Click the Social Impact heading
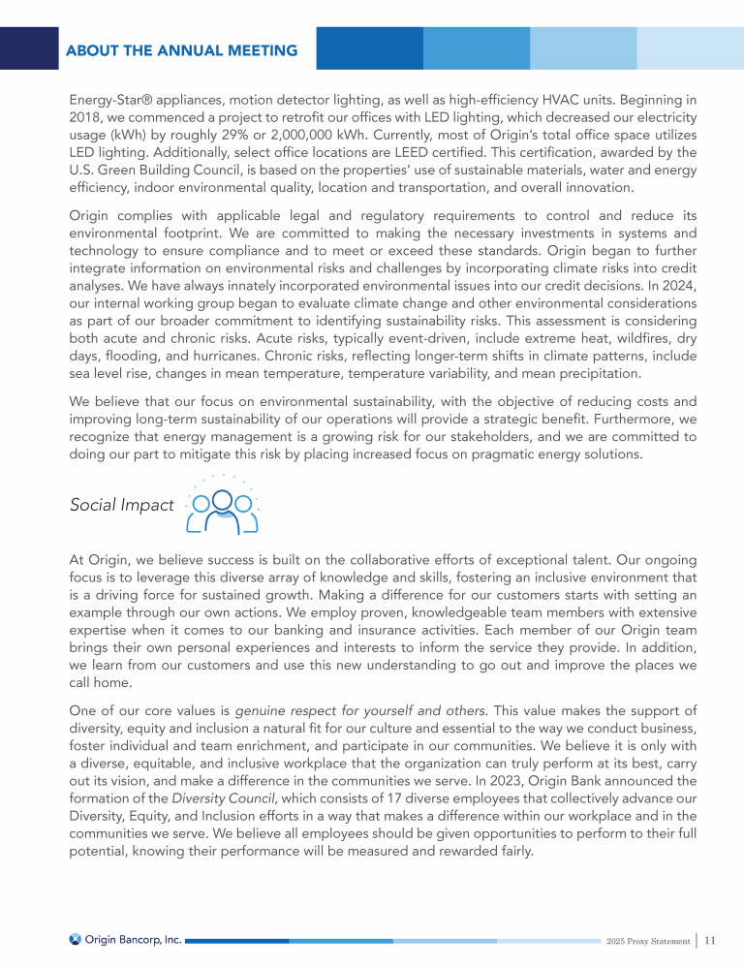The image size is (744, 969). pos(122,505)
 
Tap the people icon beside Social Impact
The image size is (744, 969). pos(222,507)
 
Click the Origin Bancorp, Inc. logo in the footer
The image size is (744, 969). pos(125,940)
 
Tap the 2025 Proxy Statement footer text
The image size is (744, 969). pos(647,941)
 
